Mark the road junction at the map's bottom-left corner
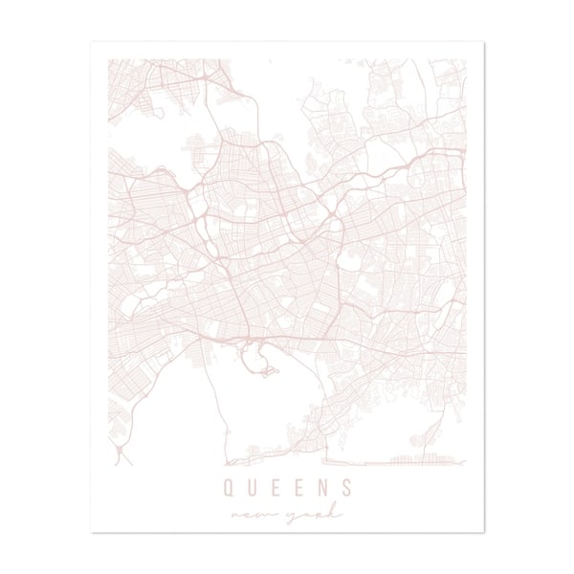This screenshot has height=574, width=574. pyautogui.click(x=116, y=457)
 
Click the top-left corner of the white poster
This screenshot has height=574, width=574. pyautogui.click(x=92, y=42)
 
